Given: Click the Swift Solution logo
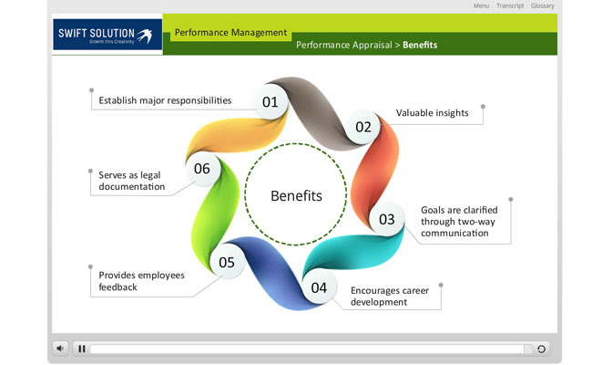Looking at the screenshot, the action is click(x=107, y=35).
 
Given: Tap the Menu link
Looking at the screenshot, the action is click(x=481, y=5).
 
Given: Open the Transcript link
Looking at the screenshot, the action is click(x=510, y=5).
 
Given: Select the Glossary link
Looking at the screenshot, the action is click(x=543, y=5).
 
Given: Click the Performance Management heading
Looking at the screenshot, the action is click(x=230, y=33).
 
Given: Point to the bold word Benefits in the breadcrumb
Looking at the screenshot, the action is click(x=420, y=45).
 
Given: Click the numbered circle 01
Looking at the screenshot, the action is click(x=270, y=102).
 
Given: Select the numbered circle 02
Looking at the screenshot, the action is click(x=363, y=127).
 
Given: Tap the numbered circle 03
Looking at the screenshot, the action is click(x=386, y=219).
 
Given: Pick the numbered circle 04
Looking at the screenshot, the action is click(x=319, y=287).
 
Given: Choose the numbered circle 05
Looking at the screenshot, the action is click(x=227, y=262).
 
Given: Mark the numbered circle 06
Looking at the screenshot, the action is click(x=202, y=168).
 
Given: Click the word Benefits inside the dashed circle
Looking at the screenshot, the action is click(x=296, y=196).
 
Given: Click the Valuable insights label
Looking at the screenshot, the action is click(x=433, y=113).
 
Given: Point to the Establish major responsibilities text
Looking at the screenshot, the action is click(x=165, y=100).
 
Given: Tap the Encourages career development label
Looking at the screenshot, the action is click(x=390, y=297).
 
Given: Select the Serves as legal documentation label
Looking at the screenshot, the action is click(x=132, y=181).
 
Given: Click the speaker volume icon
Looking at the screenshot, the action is click(x=60, y=349).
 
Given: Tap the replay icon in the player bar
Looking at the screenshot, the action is click(x=541, y=349).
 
